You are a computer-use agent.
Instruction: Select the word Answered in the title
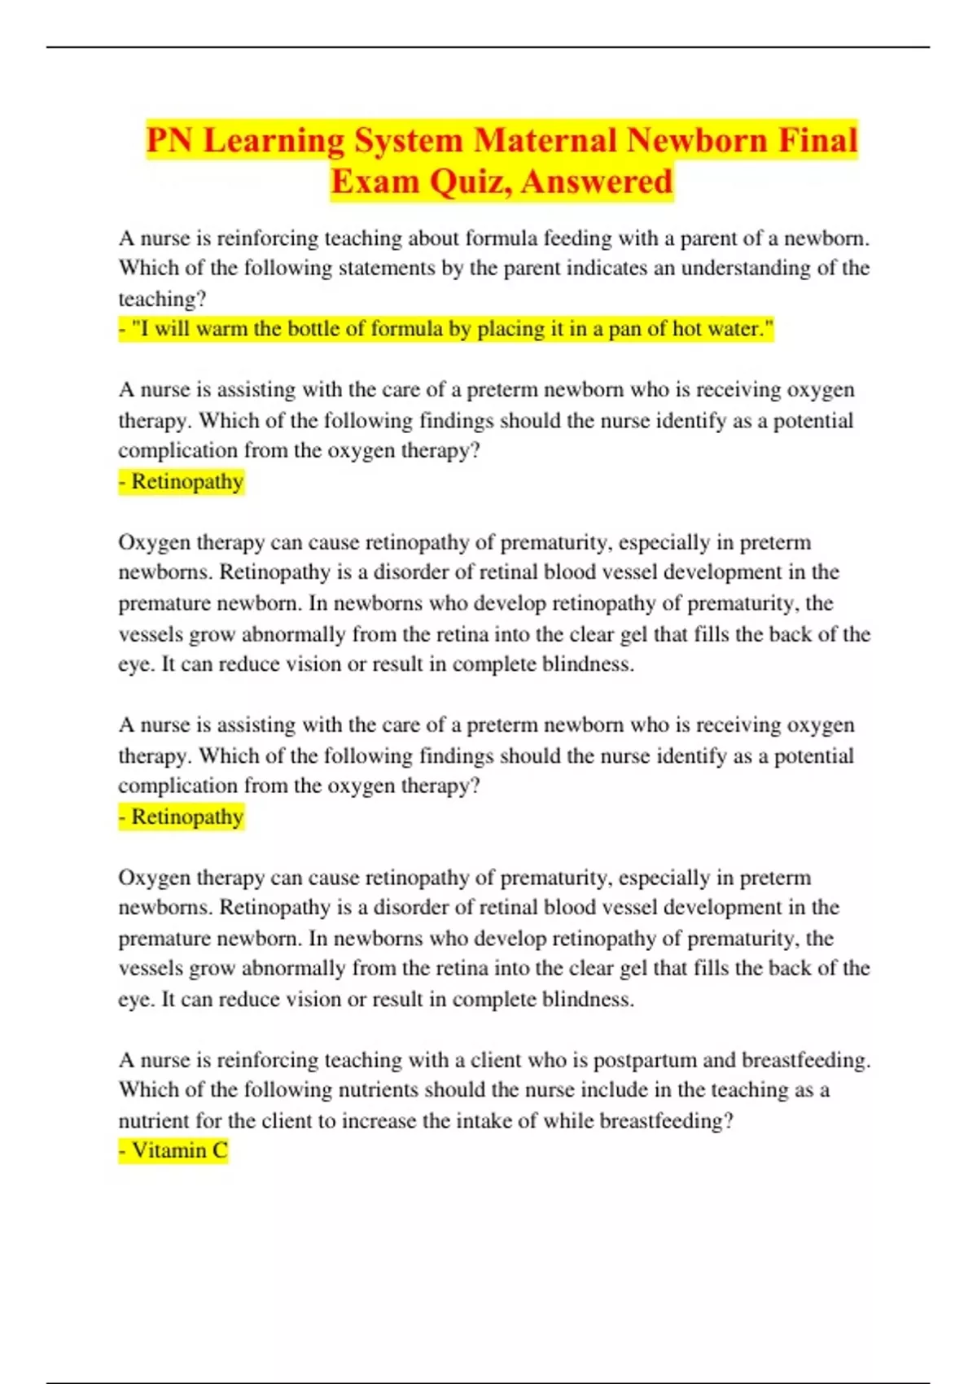point(597,182)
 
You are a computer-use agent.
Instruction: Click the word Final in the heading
point(817,141)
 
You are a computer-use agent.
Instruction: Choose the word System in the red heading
point(409,141)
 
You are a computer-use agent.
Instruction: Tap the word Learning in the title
point(274,141)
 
